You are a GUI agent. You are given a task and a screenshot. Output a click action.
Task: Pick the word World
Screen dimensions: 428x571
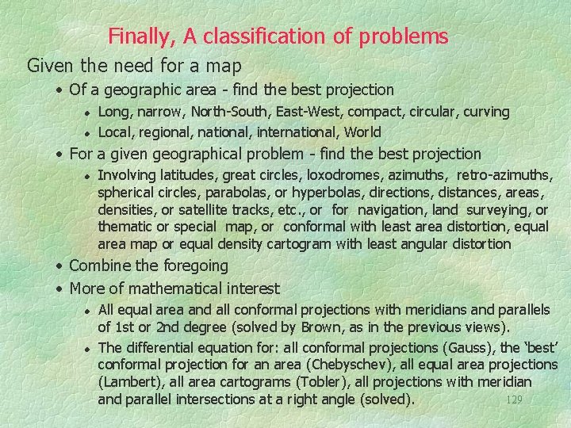[x=362, y=132]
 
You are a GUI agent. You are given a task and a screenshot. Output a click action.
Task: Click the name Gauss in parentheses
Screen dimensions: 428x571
[x=471, y=347]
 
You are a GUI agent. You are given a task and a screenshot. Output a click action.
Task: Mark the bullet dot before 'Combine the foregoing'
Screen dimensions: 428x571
[x=60, y=266]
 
